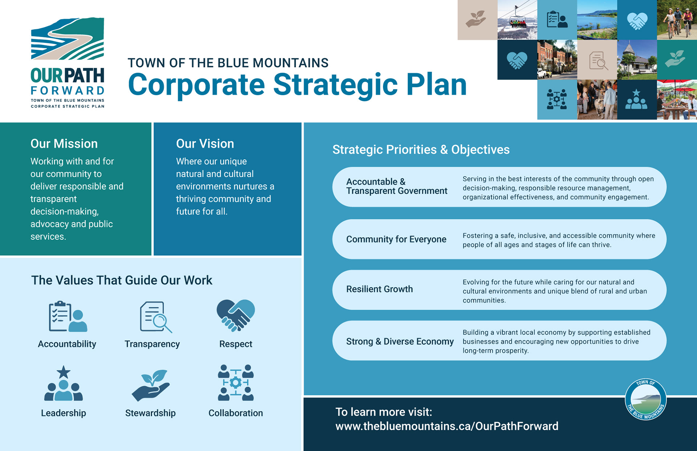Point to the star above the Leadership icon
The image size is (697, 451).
[x=64, y=372]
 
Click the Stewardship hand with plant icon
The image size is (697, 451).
[x=150, y=385]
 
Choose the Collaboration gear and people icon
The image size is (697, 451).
[x=236, y=383]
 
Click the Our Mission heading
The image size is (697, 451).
[x=64, y=144]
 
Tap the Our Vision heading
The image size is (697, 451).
[x=205, y=144]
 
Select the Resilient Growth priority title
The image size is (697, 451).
[x=379, y=289]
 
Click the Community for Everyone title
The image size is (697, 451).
[x=396, y=239]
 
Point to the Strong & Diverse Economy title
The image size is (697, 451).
[x=400, y=342]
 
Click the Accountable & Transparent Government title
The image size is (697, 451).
[x=396, y=186]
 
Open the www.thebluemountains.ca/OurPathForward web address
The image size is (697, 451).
[x=447, y=426]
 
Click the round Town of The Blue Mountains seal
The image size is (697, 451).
[x=645, y=399]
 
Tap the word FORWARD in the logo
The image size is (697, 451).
[x=68, y=90]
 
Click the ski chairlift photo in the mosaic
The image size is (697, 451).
[x=517, y=20]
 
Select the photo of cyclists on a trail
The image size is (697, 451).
[x=677, y=20]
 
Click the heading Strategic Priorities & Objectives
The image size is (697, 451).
[x=421, y=150]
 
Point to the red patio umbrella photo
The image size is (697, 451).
[x=677, y=99]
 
